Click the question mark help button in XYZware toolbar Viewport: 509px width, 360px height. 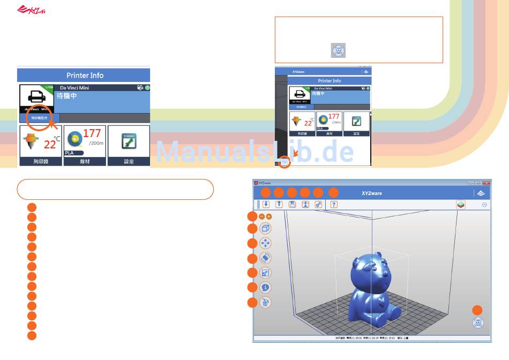334,204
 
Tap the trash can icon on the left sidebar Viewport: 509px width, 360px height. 265,303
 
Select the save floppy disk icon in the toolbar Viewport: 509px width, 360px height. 293,204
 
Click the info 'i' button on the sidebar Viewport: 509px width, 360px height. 265,288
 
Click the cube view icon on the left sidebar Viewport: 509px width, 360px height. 265,228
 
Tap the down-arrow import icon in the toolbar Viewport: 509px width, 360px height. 265,204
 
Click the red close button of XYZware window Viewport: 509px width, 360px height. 485,183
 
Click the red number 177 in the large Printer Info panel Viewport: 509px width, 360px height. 92,133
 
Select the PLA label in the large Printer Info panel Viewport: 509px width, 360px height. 70,153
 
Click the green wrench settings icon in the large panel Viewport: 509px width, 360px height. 129,140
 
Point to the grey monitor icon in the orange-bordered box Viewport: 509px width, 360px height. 338,50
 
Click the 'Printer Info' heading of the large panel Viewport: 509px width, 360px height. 85,76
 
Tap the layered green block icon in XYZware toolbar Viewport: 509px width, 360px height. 461,204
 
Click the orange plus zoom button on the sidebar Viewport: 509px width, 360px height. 269,216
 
